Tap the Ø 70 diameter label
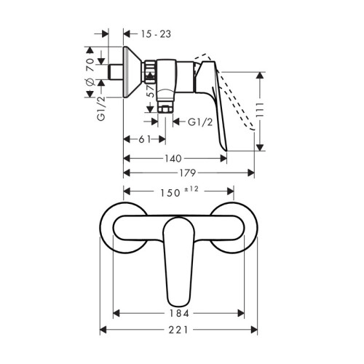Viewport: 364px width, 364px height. coord(89,72)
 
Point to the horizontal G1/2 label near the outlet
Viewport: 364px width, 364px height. coord(201,123)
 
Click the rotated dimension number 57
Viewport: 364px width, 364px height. coord(151,93)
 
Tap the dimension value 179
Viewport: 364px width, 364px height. coord(189,173)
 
